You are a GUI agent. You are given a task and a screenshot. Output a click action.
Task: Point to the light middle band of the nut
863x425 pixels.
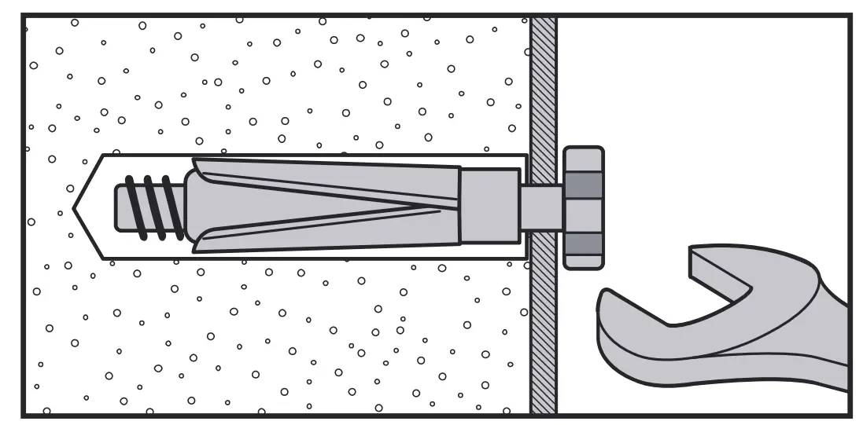[x=583, y=214]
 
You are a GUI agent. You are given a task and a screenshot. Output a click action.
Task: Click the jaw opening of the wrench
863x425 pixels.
[x=692, y=302]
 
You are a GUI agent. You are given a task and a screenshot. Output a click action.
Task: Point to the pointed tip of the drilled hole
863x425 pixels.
[x=75, y=207]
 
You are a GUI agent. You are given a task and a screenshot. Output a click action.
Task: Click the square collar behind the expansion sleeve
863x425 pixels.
[x=489, y=206]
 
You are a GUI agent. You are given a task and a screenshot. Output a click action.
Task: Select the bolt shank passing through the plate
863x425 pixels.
[x=540, y=208]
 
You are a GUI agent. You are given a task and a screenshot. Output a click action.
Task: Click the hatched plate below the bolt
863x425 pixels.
[x=544, y=330]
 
